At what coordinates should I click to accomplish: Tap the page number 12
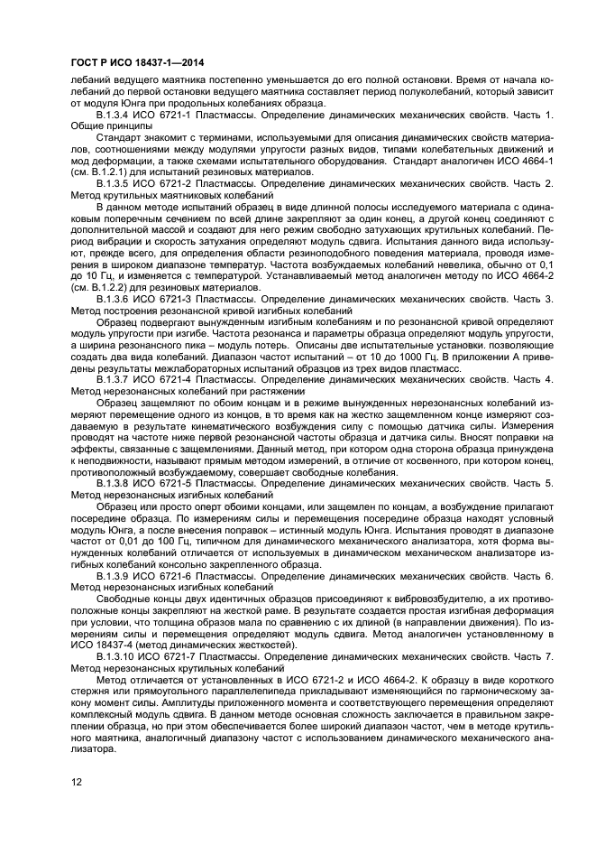click(76, 780)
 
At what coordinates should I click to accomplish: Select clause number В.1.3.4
click(116, 116)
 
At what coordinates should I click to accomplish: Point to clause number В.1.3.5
click(116, 184)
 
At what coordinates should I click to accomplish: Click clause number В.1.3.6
click(116, 299)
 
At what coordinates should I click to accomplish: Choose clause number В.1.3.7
click(116, 379)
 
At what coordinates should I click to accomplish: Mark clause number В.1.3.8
click(116, 483)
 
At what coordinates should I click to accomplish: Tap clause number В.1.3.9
click(116, 575)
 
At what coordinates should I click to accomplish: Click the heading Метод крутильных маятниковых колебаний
click(171, 196)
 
